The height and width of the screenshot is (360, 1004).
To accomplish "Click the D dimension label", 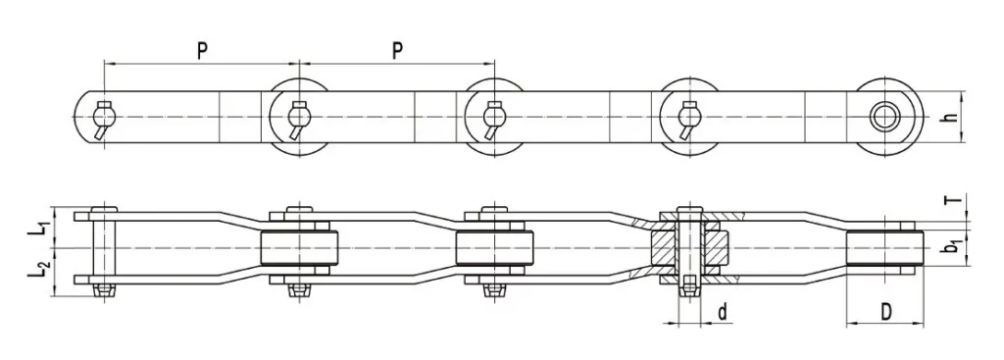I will coord(885,312).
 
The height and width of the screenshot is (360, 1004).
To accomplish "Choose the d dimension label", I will coord(722,313).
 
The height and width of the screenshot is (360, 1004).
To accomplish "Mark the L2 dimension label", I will coord(36,269).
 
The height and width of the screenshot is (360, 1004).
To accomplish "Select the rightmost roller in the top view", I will coord(886,247).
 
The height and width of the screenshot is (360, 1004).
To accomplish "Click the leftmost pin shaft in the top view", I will coord(103,247).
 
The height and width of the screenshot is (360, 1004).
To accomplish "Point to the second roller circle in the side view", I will coord(298,117).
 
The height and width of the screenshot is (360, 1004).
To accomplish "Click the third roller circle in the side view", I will coord(494,117).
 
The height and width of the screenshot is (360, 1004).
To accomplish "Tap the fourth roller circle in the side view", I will coord(690,117).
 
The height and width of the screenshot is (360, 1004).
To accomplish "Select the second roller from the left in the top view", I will coord(298,247).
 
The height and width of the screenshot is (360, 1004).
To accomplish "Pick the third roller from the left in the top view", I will coord(494,247).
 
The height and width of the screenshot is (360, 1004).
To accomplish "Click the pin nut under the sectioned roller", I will coord(690,286).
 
